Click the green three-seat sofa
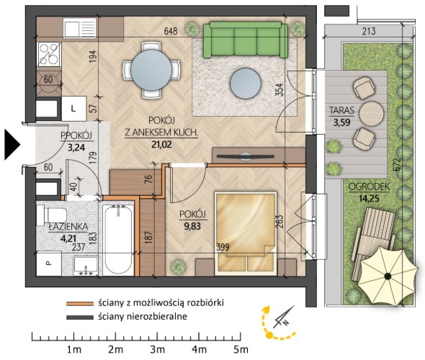(246, 40)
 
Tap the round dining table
(151, 70)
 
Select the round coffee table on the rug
(246, 84)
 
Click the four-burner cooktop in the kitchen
(49, 54)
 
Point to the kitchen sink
(80, 27)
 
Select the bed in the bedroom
(246, 233)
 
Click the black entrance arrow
(12, 145)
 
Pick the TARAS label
(341, 110)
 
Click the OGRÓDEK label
(369, 187)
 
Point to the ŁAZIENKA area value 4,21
(68, 238)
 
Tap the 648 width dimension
(171, 31)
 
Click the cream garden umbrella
(388, 276)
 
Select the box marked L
(73, 109)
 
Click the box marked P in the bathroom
(49, 264)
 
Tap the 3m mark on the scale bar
(158, 349)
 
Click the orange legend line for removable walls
(80, 304)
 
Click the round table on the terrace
(372, 114)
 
